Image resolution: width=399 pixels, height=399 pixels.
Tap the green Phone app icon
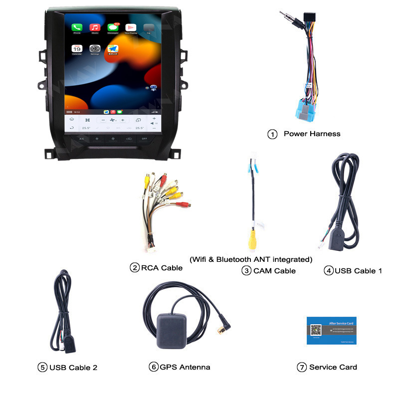(77, 28)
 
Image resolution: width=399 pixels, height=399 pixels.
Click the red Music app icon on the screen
(95, 28)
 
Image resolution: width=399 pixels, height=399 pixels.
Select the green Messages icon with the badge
(113, 28)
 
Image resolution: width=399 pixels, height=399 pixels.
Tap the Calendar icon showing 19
(77, 49)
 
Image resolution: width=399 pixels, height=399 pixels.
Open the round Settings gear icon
(95, 49)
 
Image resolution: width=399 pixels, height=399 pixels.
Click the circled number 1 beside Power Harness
(272, 134)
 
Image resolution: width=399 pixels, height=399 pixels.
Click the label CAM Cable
(274, 271)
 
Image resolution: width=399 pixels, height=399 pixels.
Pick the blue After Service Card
(331, 330)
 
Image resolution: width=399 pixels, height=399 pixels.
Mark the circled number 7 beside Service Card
(301, 368)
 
